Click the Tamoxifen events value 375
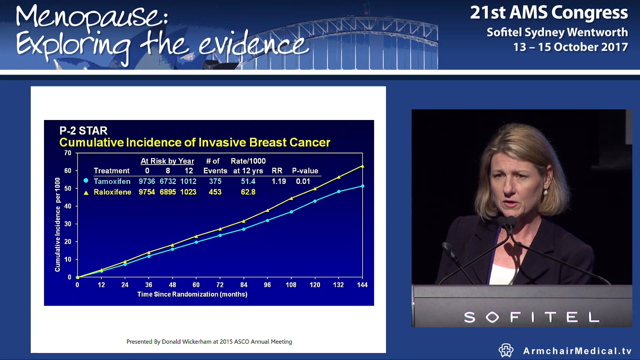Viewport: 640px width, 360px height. pyautogui.click(x=215, y=181)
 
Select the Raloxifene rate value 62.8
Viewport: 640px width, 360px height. pyautogui.click(x=248, y=192)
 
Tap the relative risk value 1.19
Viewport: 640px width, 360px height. pyautogui.click(x=279, y=181)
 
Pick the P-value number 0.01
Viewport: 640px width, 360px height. pyautogui.click(x=303, y=181)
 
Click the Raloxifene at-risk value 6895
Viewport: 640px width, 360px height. pyautogui.click(x=168, y=192)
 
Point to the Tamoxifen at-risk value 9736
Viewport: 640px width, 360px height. pyautogui.click(x=147, y=181)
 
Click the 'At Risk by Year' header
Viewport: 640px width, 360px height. pyautogui.click(x=167, y=161)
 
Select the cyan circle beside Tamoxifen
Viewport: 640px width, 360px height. pyautogui.click(x=86, y=181)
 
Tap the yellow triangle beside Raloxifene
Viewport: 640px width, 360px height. pyautogui.click(x=86, y=193)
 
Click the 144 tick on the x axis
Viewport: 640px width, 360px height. pyautogui.click(x=362, y=285)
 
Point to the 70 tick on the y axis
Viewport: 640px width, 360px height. pyautogui.click(x=68, y=153)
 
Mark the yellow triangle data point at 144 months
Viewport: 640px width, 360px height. pyautogui.click(x=362, y=166)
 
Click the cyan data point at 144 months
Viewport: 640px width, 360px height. pyautogui.click(x=362, y=186)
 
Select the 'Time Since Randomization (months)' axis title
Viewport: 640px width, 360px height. pyautogui.click(x=192, y=294)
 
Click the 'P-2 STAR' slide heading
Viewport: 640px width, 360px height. pyautogui.click(x=83, y=131)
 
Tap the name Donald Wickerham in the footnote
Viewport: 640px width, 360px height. pyautogui.click(x=186, y=342)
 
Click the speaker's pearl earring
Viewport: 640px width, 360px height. pyautogui.click(x=546, y=192)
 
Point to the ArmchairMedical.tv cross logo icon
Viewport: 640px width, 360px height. pyautogui.click(x=506, y=350)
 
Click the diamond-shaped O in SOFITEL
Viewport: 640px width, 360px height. pyautogui.click(x=492, y=317)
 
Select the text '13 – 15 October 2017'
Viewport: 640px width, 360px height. pyautogui.click(x=570, y=47)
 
